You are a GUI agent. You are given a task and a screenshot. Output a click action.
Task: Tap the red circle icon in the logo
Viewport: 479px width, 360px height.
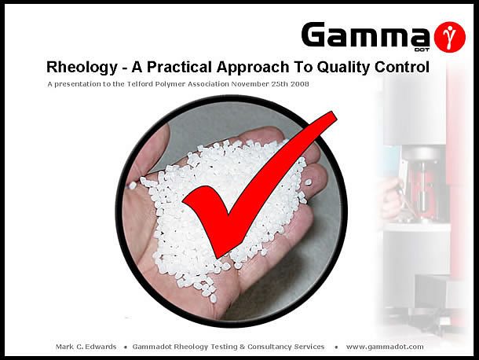450,36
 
